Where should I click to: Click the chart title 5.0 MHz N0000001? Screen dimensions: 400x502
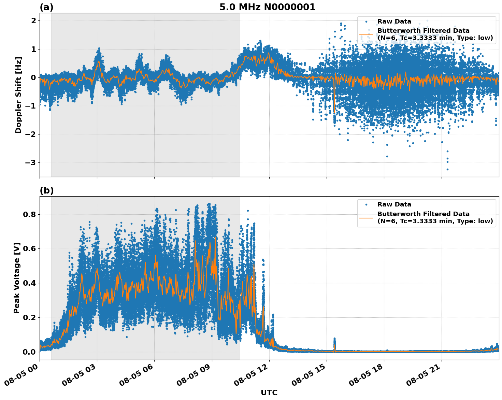pos(267,7)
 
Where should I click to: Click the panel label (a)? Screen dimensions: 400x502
pos(46,7)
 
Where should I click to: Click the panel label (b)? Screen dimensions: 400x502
pos(46,190)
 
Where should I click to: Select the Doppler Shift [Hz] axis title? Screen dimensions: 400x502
pos(18,95)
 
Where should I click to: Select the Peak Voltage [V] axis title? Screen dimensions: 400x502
pos(17,278)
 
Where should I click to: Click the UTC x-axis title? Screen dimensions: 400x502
pos(269,392)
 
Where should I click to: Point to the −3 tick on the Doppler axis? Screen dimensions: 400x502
pos(30,163)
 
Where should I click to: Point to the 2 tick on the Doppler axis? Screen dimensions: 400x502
pos(33,21)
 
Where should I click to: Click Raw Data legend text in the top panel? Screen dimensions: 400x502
pos(394,22)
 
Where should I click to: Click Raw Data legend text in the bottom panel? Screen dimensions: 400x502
pos(394,204)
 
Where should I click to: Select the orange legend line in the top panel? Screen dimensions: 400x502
pos(366,34)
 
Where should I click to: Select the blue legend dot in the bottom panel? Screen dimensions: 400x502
pos(366,204)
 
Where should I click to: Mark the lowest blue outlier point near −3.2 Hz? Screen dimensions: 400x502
pos(447,169)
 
